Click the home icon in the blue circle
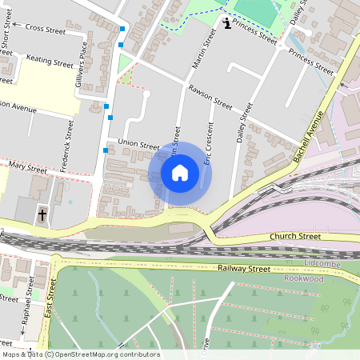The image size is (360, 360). [x=180, y=173]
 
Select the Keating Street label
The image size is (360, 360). [x=50, y=60]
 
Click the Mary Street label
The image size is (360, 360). [x=27, y=169]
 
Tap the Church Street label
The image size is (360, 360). [x=295, y=237]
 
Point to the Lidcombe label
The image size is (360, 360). [x=323, y=263]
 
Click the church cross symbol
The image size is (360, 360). [x=42, y=214]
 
